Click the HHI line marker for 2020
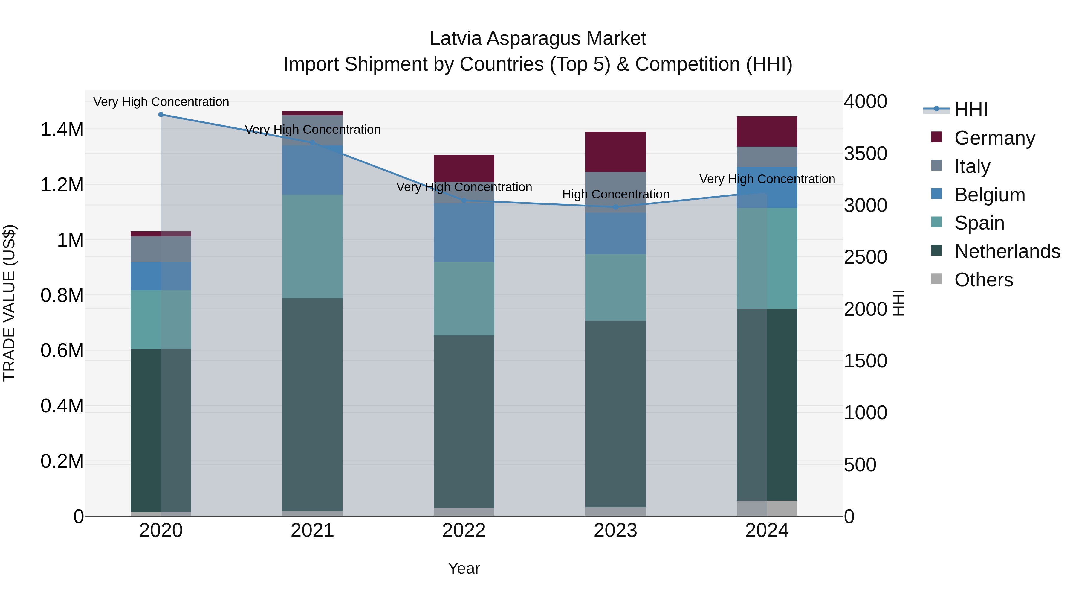pyautogui.click(x=161, y=115)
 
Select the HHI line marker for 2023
pyautogui.click(x=615, y=207)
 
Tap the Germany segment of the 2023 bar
pyautogui.click(x=615, y=152)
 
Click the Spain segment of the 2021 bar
pyautogui.click(x=312, y=246)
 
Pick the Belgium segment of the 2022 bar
pyautogui.click(x=464, y=233)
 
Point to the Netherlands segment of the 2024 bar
pyautogui.click(x=767, y=404)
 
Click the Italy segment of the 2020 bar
pyautogui.click(x=161, y=249)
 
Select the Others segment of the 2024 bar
pyautogui.click(x=767, y=508)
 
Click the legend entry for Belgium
pyautogui.click(x=990, y=195)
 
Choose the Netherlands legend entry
pyautogui.click(x=1007, y=251)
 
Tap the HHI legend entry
pyautogui.click(x=971, y=110)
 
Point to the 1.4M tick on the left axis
pyautogui.click(x=62, y=130)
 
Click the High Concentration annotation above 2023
pyautogui.click(x=615, y=195)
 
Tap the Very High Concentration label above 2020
pyautogui.click(x=161, y=102)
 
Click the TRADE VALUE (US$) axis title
pyautogui.click(x=9, y=303)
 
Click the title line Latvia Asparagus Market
pyautogui.click(x=538, y=39)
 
